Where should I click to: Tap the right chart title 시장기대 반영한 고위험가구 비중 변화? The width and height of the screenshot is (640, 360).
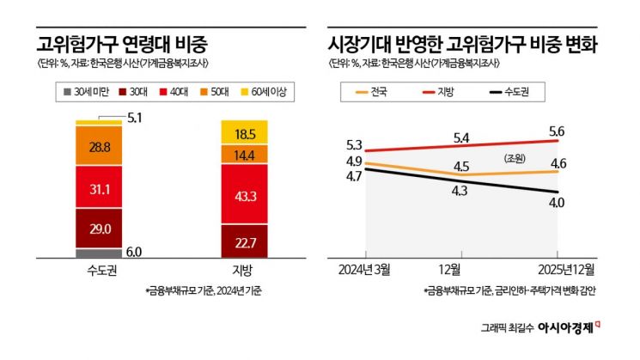(462, 43)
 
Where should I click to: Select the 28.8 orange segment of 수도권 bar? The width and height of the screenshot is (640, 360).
(99, 145)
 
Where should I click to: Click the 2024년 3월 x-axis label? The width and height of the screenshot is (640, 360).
(365, 270)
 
